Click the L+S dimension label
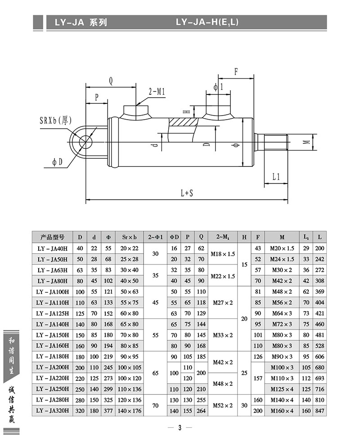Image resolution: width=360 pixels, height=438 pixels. (x=187, y=193)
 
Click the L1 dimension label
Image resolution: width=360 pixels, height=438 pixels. (x=276, y=177)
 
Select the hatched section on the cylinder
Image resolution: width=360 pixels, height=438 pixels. (x=182, y=122)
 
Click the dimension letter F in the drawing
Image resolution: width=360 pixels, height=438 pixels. (x=236, y=72)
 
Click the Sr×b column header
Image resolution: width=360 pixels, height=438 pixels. (x=129, y=237)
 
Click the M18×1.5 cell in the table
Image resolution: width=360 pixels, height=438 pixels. (x=223, y=254)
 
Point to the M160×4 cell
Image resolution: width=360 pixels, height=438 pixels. (x=282, y=411)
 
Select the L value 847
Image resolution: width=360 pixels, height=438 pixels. (x=319, y=411)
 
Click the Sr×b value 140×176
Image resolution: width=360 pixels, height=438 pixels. (x=129, y=411)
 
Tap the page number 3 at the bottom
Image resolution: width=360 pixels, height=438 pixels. (x=180, y=428)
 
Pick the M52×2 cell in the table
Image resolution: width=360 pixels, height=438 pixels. (x=223, y=406)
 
